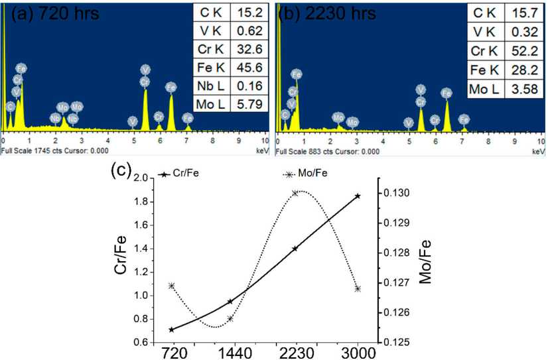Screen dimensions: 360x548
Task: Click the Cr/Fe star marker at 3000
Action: [358, 196]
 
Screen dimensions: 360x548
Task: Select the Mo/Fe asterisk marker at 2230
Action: [295, 193]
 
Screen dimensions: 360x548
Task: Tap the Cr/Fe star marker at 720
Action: [172, 330]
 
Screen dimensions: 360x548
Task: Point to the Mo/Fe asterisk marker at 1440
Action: [230, 318]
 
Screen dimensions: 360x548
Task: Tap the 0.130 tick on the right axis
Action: [395, 193]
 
